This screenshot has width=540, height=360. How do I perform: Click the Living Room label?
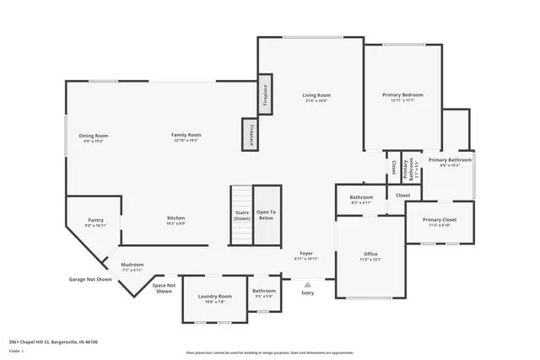(x=316, y=95)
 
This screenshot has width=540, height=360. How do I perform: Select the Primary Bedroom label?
(x=402, y=95)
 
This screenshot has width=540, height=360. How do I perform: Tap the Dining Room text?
(x=94, y=136)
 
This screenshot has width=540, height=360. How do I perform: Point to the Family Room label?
(x=186, y=135)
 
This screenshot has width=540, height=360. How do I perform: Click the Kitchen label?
(x=175, y=218)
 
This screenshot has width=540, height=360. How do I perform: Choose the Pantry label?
(x=95, y=220)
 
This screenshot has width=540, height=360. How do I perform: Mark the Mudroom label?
(x=132, y=265)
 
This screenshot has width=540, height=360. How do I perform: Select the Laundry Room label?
(x=215, y=296)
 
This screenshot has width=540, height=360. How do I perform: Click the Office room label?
(x=370, y=254)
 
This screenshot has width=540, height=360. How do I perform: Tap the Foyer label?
(x=306, y=253)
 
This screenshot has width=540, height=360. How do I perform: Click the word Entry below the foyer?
(x=308, y=293)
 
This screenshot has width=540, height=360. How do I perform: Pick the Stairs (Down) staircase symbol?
(x=241, y=216)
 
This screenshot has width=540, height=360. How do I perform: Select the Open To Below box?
(x=266, y=216)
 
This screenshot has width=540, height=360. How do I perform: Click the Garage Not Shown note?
(x=90, y=279)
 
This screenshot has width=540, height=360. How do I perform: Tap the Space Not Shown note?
(x=164, y=288)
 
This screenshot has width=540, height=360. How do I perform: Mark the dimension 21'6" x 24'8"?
(x=316, y=101)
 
